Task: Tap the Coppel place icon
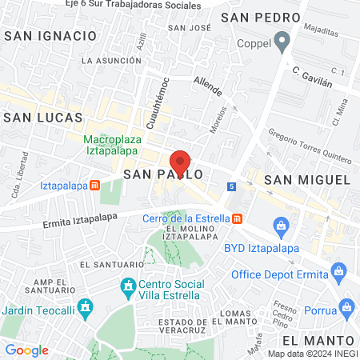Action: click(281, 40)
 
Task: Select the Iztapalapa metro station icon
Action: click(95, 185)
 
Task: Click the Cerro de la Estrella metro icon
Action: click(237, 218)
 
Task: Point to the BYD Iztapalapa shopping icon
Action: click(282, 227)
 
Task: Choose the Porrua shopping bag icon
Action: click(346, 306)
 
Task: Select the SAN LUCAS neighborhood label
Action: click(42, 117)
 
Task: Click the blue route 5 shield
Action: click(231, 187)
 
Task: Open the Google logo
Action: click(27, 350)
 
